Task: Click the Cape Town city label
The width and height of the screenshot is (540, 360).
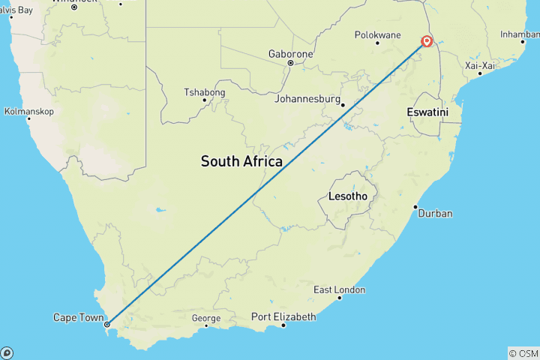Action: coord(78,318)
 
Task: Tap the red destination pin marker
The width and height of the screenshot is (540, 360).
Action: coord(427,41)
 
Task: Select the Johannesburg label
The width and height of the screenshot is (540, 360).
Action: coord(307,99)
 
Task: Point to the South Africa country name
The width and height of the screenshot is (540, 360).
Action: coord(241,161)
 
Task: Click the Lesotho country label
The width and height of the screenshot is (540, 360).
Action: coord(348,196)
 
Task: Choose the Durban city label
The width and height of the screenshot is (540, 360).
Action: coord(435,214)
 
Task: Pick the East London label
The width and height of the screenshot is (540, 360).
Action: coord(340,290)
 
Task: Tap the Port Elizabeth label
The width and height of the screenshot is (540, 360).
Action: coord(283,316)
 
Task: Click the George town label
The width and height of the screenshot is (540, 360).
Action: coord(206,318)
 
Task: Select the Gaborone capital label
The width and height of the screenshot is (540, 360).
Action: coord(289,54)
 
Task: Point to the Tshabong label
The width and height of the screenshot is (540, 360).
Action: coord(204,93)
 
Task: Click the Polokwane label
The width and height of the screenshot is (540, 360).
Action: coord(378,34)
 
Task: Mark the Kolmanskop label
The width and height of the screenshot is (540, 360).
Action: coord(28,110)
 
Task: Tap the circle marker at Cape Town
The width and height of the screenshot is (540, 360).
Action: coord(107,325)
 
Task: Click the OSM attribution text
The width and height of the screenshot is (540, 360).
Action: coord(523,353)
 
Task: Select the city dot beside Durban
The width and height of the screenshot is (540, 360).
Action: coord(415,207)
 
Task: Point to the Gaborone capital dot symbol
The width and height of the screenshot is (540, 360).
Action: coord(290,63)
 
